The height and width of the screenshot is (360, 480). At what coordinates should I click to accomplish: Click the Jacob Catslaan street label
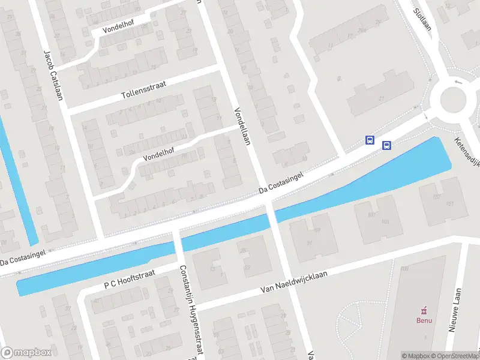coord(53,74)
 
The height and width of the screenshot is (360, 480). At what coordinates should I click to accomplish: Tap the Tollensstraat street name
coord(143,90)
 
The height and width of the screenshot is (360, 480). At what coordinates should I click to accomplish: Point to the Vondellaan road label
coord(243,126)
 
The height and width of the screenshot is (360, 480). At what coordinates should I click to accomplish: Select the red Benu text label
coord(424,320)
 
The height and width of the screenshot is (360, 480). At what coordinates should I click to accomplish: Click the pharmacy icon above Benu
coord(424,310)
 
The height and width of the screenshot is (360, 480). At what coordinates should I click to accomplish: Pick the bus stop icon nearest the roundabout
coord(386,145)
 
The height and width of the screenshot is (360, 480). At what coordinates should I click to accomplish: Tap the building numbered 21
coord(380,98)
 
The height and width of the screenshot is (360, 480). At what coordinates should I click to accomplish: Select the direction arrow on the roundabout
coord(459,82)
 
